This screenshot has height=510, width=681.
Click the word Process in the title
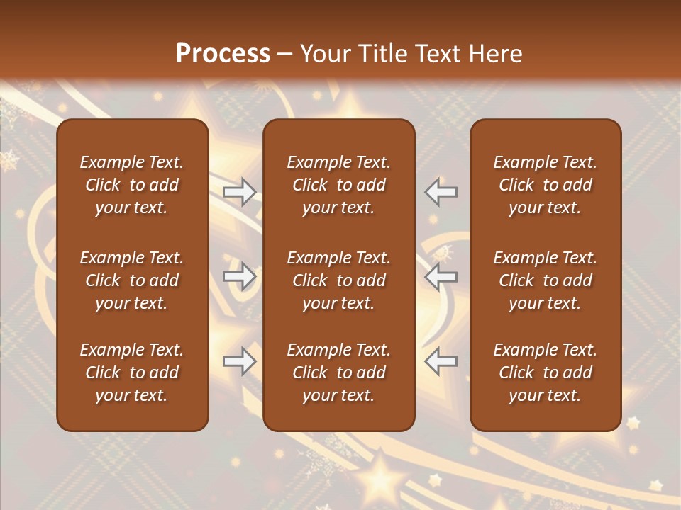point(223,54)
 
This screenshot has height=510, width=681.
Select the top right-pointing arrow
point(240,191)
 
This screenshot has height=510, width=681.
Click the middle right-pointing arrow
point(240,276)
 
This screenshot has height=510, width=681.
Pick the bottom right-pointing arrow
point(240,362)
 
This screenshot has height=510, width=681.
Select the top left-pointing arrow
point(441,191)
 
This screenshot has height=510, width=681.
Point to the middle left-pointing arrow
point(441,276)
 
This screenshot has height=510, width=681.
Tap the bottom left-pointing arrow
point(441,362)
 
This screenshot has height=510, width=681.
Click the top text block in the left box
point(132,185)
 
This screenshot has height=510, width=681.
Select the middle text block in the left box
point(132,280)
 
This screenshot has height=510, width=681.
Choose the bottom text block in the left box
point(132,373)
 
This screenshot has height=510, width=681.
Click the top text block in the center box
point(339,185)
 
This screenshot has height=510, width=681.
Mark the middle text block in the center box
point(339,280)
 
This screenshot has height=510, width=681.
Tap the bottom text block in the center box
point(339,373)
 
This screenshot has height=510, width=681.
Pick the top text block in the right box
point(546,185)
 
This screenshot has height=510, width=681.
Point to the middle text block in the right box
point(546,280)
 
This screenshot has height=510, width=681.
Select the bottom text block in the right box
point(546,373)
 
